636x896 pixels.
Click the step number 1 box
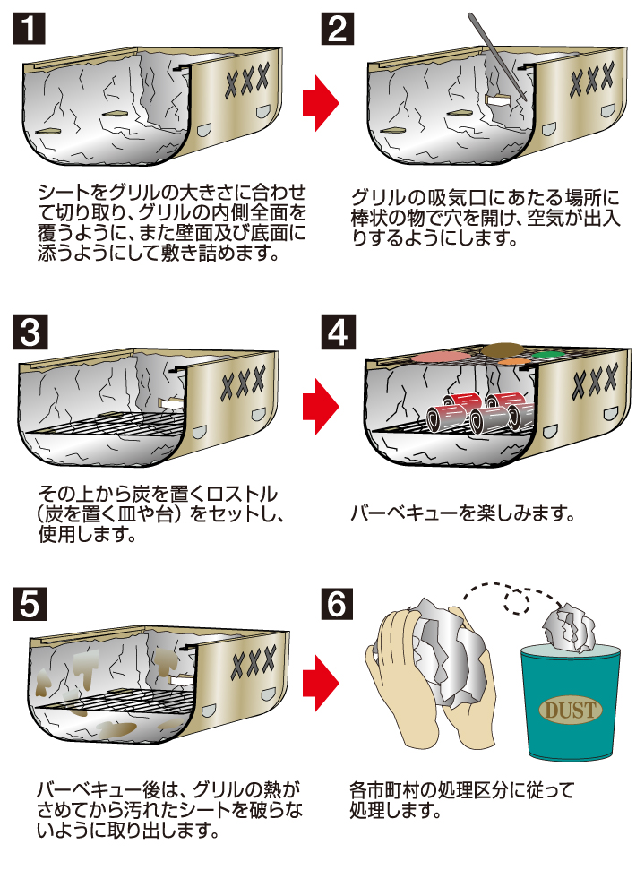(x=29, y=30)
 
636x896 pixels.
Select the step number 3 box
(x=29, y=332)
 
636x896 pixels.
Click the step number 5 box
(x=29, y=605)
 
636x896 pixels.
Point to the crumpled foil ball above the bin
(x=569, y=630)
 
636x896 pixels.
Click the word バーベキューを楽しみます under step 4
(x=460, y=513)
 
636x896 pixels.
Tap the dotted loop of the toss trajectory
(x=515, y=599)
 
